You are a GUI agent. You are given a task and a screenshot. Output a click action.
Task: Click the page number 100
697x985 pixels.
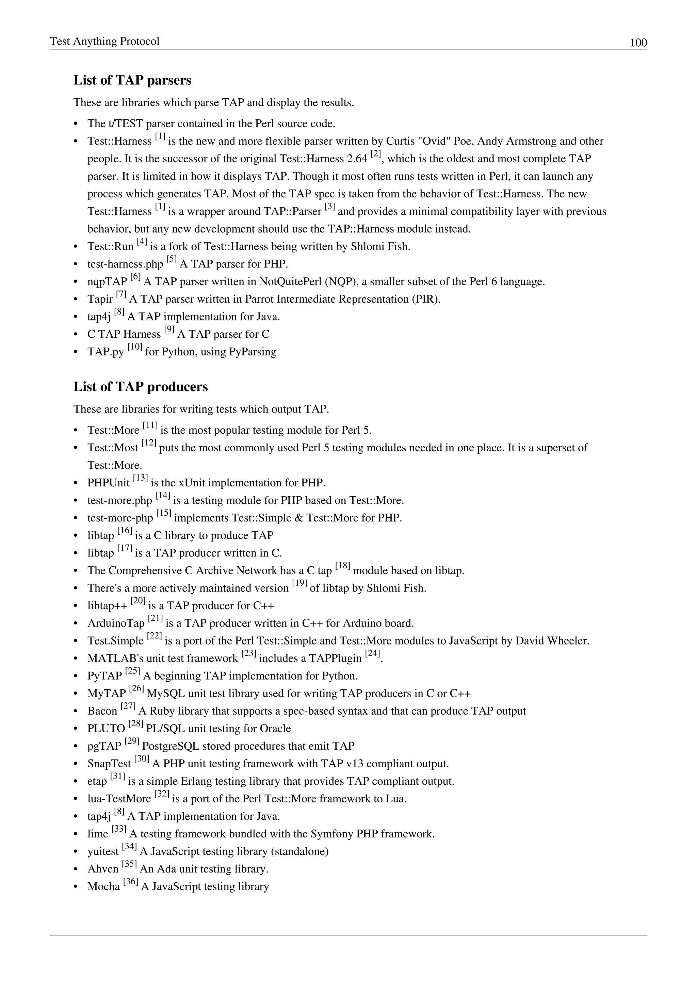[638, 43]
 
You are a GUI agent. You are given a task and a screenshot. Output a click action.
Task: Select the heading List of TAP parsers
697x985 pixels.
[132, 80]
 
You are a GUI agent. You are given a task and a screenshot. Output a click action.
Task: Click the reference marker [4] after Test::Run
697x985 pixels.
[142, 243]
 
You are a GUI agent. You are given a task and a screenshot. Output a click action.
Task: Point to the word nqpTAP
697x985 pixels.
[107, 282]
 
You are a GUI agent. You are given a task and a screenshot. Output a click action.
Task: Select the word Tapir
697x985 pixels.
[100, 299]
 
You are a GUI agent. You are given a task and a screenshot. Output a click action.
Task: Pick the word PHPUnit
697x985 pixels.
[108, 483]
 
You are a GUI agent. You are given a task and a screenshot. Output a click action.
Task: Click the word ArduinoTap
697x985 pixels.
[116, 623]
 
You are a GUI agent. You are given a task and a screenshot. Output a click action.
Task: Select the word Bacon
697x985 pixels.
[102, 711]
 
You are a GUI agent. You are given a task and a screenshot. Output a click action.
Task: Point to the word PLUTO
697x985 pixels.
[106, 729]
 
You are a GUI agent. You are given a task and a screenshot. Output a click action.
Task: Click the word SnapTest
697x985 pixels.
[109, 764]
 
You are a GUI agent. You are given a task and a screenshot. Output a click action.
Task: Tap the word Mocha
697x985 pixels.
[103, 887]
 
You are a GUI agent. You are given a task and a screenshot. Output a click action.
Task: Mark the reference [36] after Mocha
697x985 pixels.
[130, 882]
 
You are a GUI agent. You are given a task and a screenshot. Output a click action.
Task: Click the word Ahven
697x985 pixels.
[102, 869]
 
